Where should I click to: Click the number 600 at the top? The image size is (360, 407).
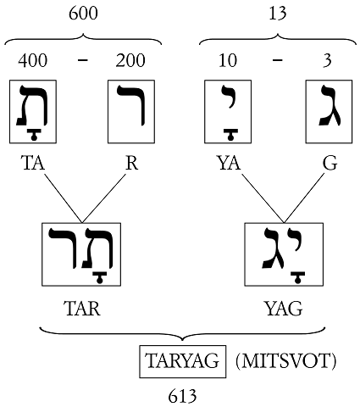(83, 14)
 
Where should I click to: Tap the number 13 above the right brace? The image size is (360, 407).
(278, 14)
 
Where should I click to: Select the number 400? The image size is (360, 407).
(33, 60)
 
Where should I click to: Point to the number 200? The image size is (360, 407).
(130, 60)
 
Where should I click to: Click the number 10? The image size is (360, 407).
(228, 60)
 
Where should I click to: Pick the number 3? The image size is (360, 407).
(327, 60)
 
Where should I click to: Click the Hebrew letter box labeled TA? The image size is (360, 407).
(33, 112)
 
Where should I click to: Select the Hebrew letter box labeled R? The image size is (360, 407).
(131, 112)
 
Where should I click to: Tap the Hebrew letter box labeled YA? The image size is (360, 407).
(228, 112)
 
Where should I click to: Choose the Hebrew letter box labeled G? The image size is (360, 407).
(329, 112)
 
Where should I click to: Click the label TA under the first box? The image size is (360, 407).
(33, 163)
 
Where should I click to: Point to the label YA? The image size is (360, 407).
(230, 163)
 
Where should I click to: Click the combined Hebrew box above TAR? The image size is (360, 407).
(81, 254)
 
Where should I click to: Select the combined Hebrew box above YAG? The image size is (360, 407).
(284, 254)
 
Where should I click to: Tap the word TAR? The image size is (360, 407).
(82, 309)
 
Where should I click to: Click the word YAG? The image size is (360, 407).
(284, 309)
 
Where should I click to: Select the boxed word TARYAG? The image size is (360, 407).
(183, 361)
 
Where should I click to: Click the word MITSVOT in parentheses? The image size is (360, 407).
(285, 361)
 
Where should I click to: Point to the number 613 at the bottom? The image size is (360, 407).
(182, 396)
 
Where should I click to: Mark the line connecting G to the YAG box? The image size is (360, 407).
(304, 198)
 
